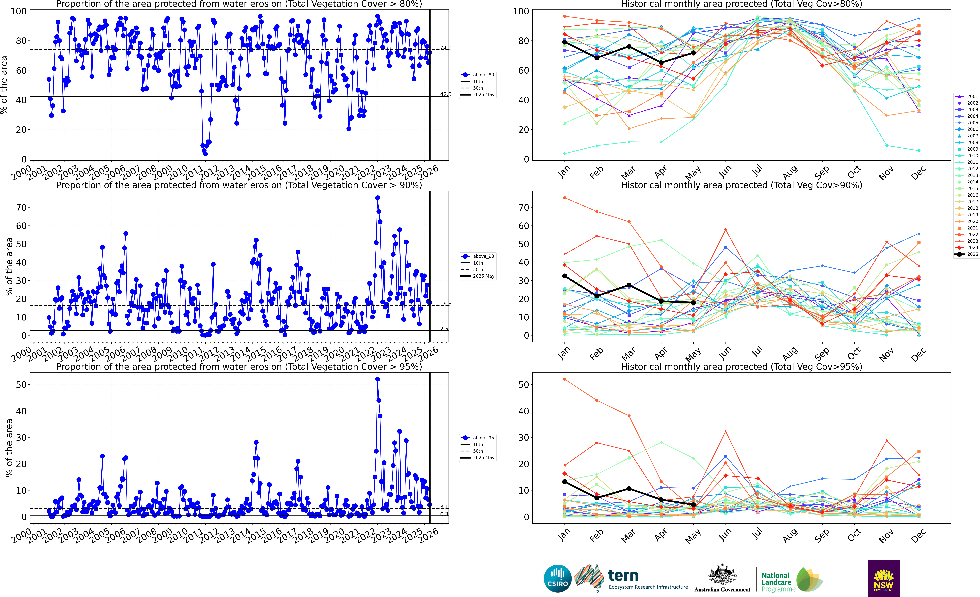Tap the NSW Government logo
click(883, 578)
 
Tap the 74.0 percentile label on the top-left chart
click(445, 48)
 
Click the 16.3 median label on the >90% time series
click(445, 304)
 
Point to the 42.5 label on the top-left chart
click(445, 94)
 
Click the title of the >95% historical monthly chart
click(741, 367)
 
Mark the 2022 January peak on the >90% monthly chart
click(564, 198)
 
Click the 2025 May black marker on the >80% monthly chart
click(693, 53)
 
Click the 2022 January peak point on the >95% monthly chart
click(564, 379)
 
